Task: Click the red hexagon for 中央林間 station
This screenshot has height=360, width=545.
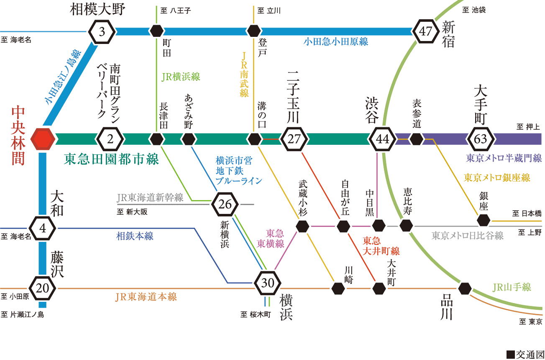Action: pyautogui.click(x=43, y=139)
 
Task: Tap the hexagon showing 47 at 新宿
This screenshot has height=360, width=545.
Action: pyautogui.click(x=425, y=31)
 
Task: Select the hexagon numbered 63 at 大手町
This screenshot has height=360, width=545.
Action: pyautogui.click(x=481, y=139)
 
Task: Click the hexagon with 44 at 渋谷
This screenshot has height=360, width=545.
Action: pyautogui.click(x=383, y=139)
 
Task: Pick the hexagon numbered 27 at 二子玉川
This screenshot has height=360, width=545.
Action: pyautogui.click(x=294, y=139)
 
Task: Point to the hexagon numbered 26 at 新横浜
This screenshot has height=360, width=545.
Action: pyautogui.click(x=225, y=205)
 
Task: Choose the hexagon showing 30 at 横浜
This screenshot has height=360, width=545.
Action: pyautogui.click(x=268, y=283)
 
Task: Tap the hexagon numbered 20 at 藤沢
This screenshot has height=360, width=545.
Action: pyautogui.click(x=42, y=288)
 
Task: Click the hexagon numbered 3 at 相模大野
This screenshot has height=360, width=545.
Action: pyautogui.click(x=102, y=31)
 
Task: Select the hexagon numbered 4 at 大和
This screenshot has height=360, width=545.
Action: pyautogui.click(x=42, y=229)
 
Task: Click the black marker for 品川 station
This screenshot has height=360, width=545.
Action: pyautogui.click(x=464, y=288)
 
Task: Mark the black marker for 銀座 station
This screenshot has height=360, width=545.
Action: pyautogui.click(x=484, y=220)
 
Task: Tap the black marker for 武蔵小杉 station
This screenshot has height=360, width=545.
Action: pyautogui.click(x=302, y=226)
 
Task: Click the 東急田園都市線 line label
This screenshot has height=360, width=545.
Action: pyautogui.click(x=111, y=159)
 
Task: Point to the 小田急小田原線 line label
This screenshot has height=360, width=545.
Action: pyautogui.click(x=336, y=41)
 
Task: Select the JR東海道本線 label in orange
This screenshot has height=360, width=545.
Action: pyautogui.click(x=146, y=297)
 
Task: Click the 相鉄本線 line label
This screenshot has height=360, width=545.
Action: pyautogui.click(x=135, y=236)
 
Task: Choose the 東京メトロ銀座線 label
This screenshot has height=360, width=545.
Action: pyautogui.click(x=497, y=178)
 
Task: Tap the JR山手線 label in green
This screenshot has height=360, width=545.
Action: pyautogui.click(x=512, y=287)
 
